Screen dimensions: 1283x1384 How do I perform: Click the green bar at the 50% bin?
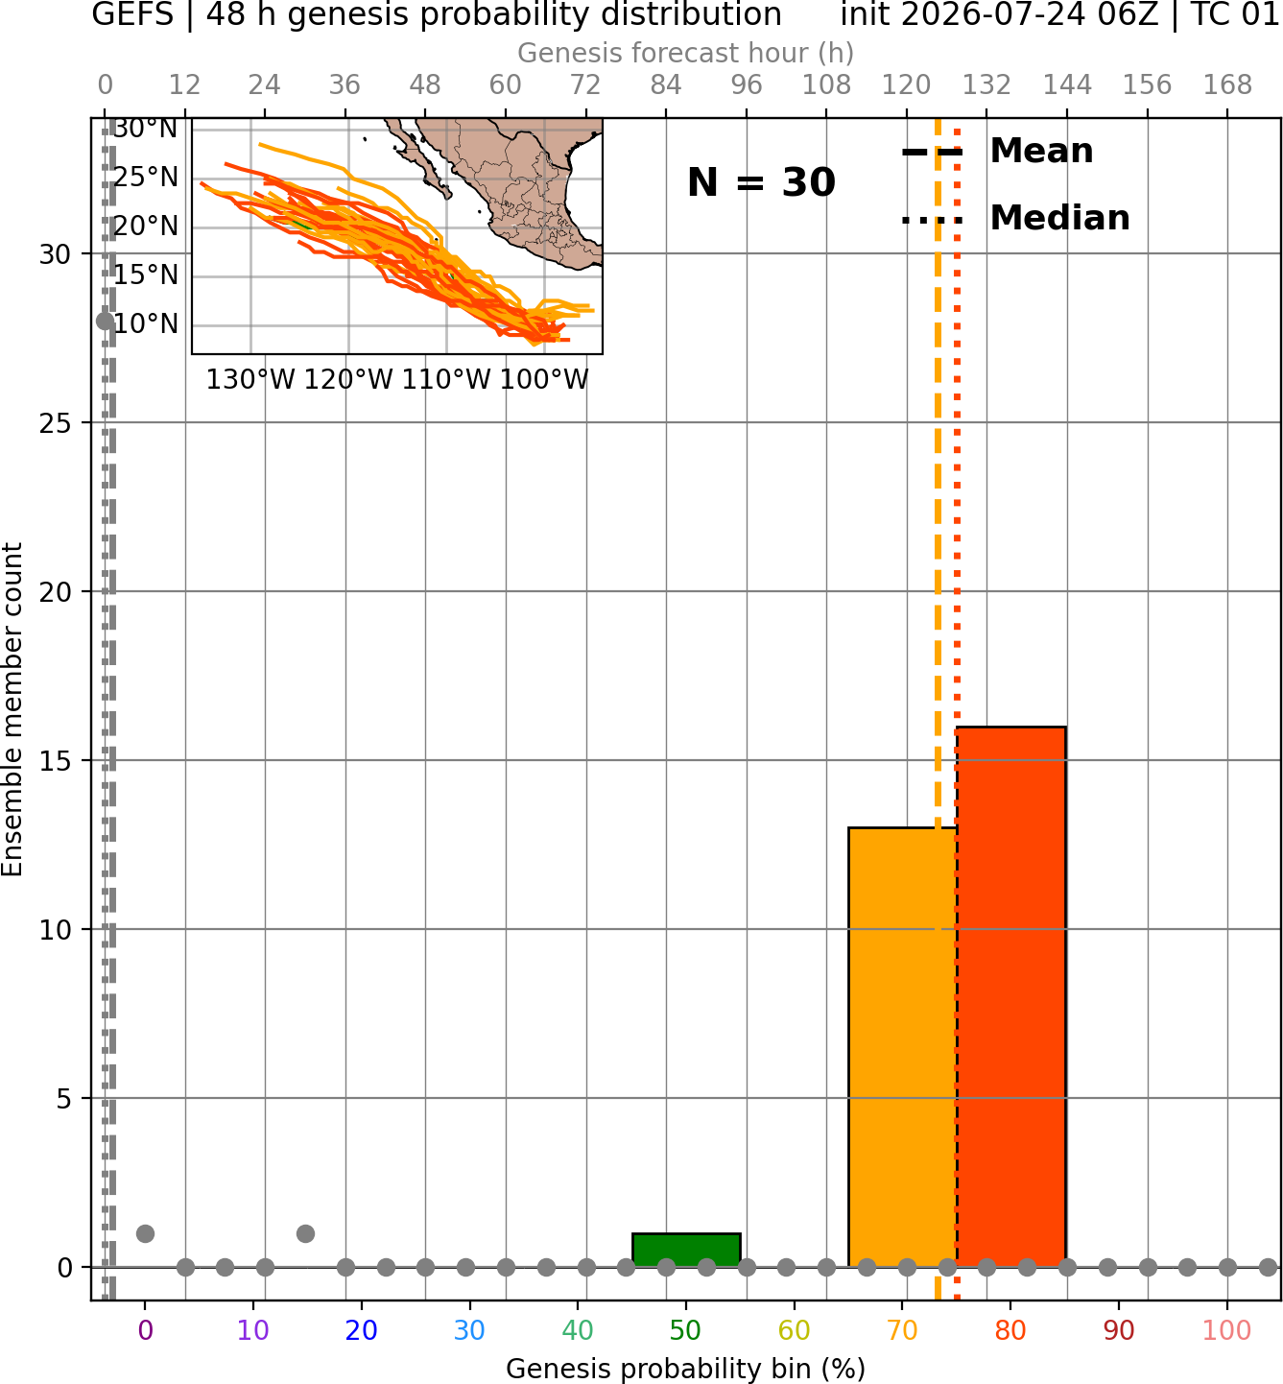(x=686, y=1250)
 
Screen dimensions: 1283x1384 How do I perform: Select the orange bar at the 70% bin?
(x=902, y=1047)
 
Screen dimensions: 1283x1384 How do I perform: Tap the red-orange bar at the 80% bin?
(x=1011, y=996)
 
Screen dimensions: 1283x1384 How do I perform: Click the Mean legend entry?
(x=997, y=152)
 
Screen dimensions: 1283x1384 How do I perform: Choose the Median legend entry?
(x=1015, y=218)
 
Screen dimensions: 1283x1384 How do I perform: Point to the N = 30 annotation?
(x=761, y=182)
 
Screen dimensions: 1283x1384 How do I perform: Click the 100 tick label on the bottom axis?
(x=1227, y=1331)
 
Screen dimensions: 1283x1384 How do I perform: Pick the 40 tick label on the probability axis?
(x=578, y=1331)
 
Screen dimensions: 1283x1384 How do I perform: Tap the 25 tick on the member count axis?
(x=55, y=423)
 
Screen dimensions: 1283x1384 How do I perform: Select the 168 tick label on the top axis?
(x=1228, y=85)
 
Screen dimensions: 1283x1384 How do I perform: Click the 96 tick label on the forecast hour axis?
(x=747, y=85)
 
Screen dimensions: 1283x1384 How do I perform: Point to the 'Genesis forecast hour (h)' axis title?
(x=686, y=53)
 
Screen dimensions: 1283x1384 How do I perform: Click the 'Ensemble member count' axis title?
(x=12, y=710)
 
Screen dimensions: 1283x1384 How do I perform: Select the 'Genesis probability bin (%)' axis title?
(x=686, y=1369)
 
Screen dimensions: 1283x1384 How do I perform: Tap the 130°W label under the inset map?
(x=250, y=380)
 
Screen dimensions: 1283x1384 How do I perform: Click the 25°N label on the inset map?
(x=146, y=178)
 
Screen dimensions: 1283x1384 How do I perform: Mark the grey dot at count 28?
(x=105, y=322)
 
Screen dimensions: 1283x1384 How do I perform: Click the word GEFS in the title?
(x=132, y=14)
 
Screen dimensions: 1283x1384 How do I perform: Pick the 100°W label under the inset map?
(x=544, y=380)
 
